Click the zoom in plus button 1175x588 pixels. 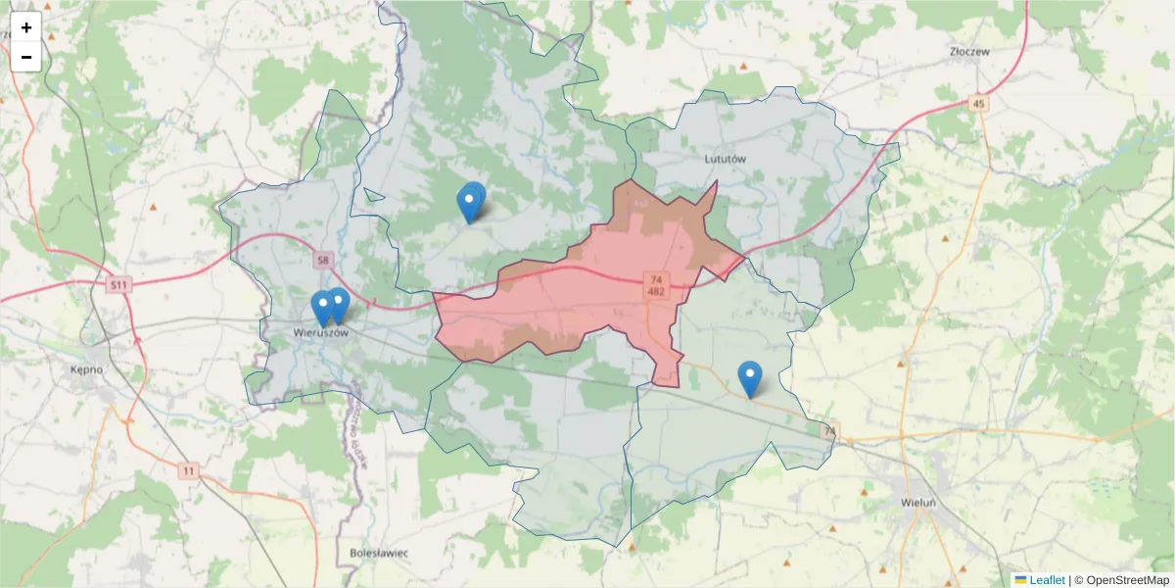coord(26,27)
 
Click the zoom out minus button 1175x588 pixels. coord(26,57)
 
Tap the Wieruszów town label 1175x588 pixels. coord(321,333)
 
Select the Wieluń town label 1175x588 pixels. coord(918,503)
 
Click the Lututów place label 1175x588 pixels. coord(726,158)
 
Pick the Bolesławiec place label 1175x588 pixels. coord(379,553)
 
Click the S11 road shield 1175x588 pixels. coord(118,285)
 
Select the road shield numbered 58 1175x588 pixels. coord(324,261)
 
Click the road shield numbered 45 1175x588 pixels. coord(978,103)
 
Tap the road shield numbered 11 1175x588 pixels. coord(188,471)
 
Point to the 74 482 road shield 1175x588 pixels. coord(656,286)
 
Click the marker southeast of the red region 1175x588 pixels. coord(749,376)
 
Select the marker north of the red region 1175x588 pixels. coord(471,201)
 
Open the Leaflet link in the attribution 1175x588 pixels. coord(1047,580)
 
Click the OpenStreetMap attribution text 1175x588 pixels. coord(1127,580)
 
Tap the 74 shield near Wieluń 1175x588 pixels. coord(830,431)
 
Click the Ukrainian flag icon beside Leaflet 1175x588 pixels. coord(1020,580)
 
